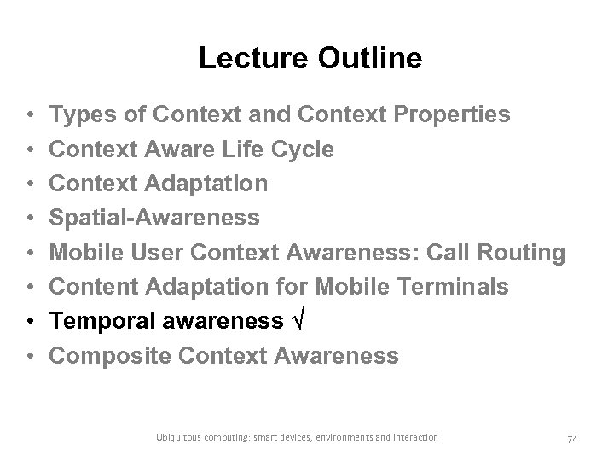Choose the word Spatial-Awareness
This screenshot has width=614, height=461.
point(154,219)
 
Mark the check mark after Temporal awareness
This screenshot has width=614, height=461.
point(297,322)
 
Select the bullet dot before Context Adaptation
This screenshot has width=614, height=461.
point(30,184)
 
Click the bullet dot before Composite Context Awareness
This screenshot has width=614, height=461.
point(30,357)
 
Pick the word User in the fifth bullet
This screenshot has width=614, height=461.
point(153,253)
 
